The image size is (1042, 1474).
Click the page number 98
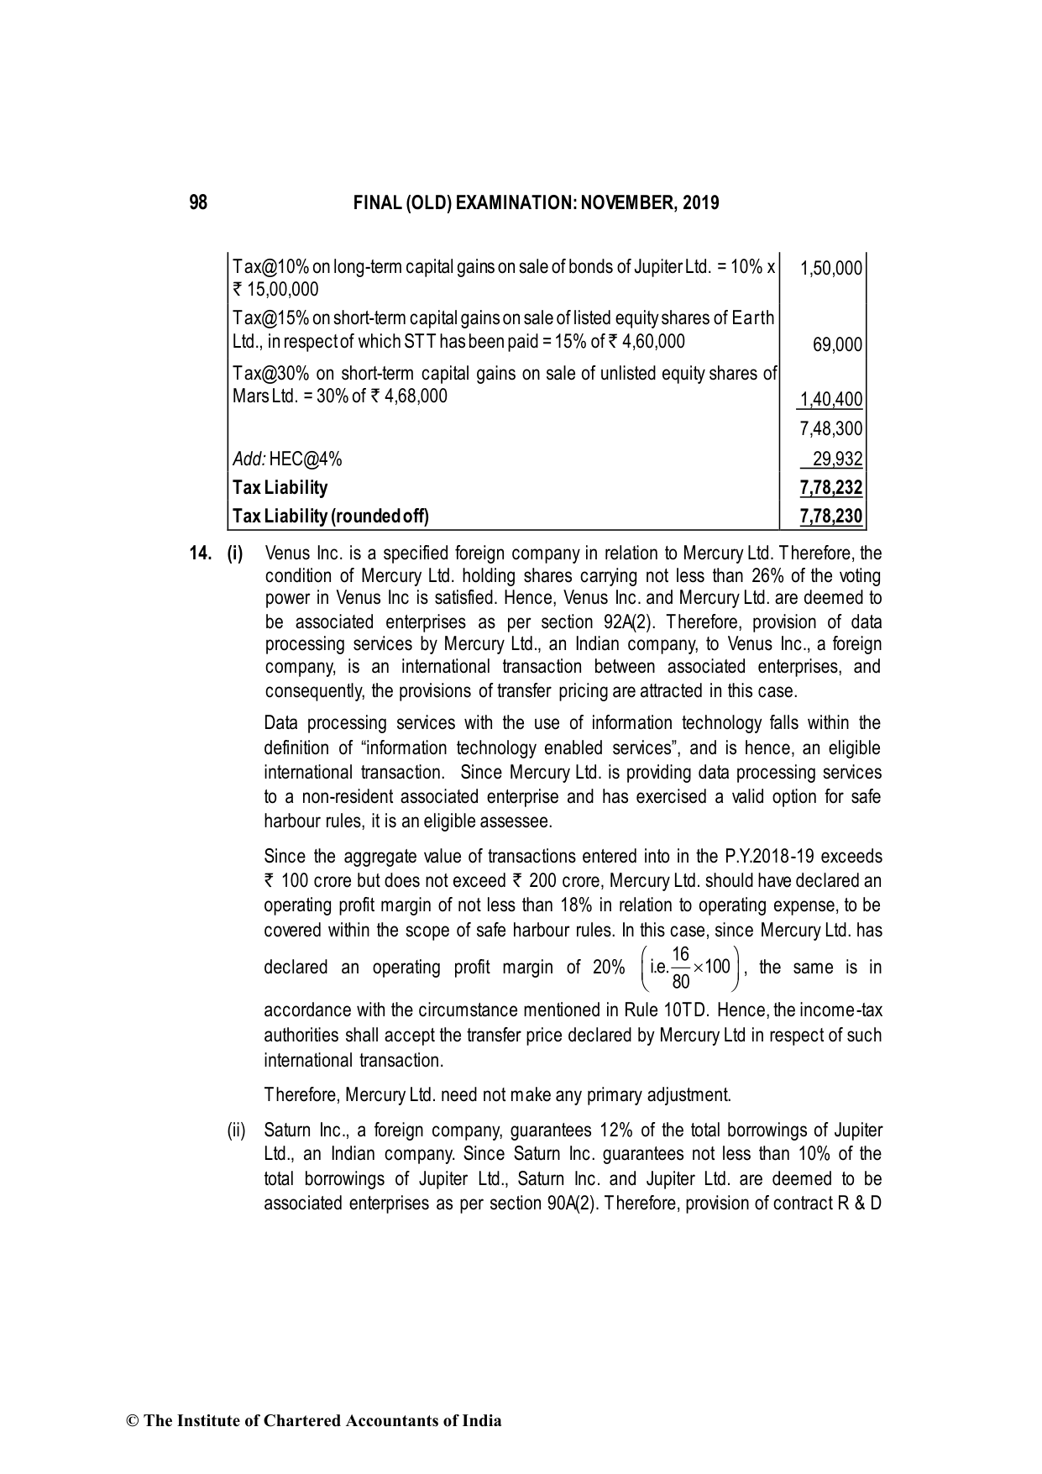click(x=198, y=202)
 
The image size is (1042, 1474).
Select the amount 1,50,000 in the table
click(x=831, y=268)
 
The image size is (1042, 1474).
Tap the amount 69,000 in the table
click(x=837, y=344)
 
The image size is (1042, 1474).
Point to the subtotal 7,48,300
click(x=831, y=429)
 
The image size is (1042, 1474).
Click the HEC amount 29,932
click(x=837, y=459)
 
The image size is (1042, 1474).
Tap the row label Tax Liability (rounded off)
click(x=330, y=517)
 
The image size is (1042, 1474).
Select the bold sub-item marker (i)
click(x=234, y=554)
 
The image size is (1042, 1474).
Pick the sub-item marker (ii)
click(x=236, y=1130)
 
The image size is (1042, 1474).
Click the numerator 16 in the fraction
click(x=681, y=954)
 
